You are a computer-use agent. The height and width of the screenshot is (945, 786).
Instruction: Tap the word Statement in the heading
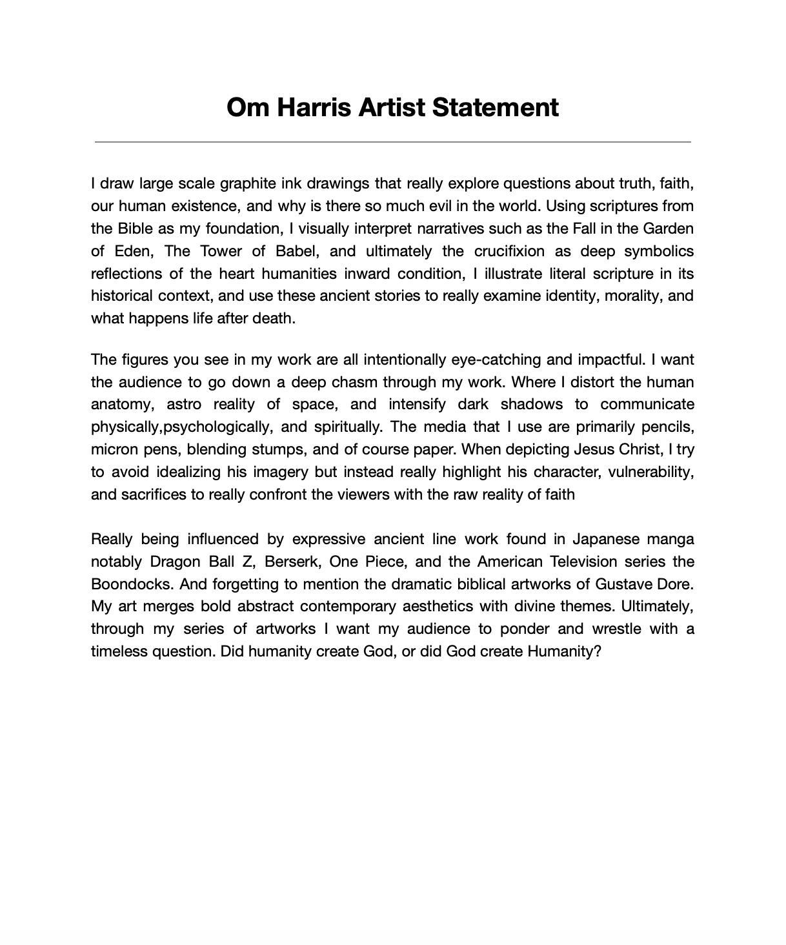click(x=495, y=107)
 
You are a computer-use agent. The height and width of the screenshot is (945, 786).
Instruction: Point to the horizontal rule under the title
click(x=392, y=141)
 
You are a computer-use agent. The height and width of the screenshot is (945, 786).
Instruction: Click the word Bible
click(x=135, y=229)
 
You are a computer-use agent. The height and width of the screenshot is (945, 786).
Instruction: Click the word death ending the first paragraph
click(x=274, y=319)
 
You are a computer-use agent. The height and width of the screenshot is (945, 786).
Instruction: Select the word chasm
click(x=354, y=382)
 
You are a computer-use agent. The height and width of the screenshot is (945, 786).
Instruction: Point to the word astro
click(x=184, y=405)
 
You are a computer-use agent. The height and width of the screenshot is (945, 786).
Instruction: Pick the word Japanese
click(x=606, y=540)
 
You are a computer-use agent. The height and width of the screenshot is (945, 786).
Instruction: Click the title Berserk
click(x=292, y=562)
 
